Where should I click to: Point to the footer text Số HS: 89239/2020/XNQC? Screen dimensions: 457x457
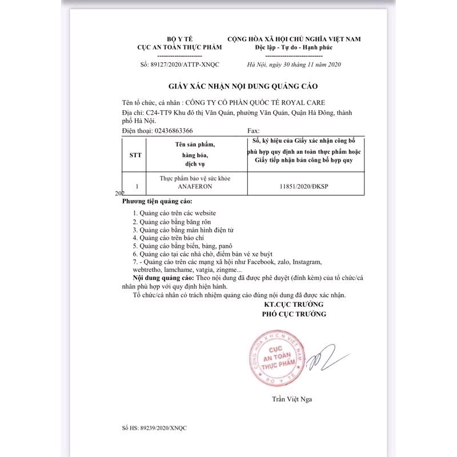click(154, 427)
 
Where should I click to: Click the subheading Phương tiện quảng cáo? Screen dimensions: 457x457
click(157, 202)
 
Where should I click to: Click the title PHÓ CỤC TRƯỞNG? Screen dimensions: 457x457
click(294, 314)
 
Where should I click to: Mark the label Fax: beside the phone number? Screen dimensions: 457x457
click(253, 130)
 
